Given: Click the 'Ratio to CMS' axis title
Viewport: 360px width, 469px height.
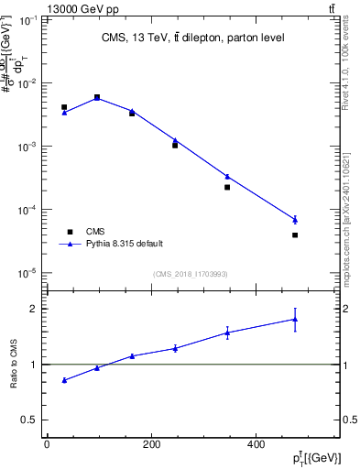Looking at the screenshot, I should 14,364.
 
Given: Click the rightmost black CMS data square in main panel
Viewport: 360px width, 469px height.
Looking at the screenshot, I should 295,235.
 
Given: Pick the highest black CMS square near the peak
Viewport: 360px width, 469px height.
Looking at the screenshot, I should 97,97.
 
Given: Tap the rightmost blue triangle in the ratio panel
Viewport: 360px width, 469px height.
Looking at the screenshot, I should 295,320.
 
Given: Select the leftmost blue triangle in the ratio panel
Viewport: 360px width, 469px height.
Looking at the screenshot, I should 64,379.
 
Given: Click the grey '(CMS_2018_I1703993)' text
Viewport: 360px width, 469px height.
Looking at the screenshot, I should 191,273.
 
